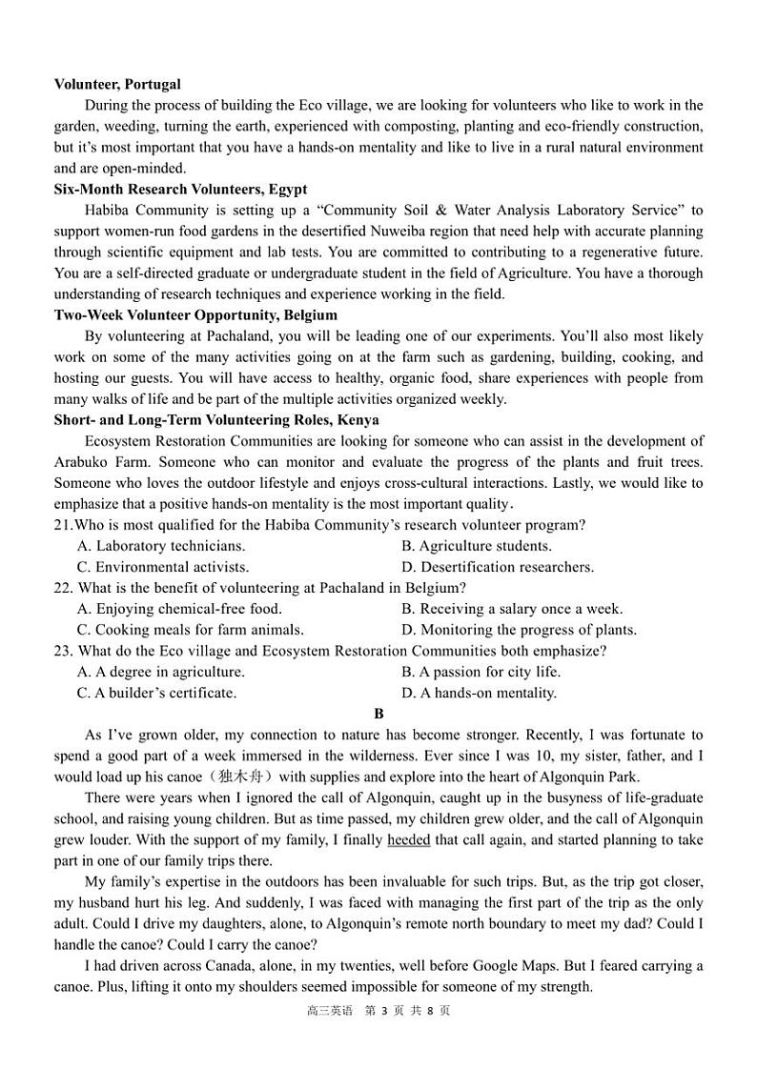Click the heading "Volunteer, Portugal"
[117, 85]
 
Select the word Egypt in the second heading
[288, 190]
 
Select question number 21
[63, 525]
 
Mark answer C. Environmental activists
[162, 567]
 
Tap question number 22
[63, 588]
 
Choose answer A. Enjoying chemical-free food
[179, 609]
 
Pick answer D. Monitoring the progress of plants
[519, 630]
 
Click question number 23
[63, 651]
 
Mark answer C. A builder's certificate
[156, 693]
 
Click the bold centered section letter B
[378, 714]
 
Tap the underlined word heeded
[408, 840]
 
